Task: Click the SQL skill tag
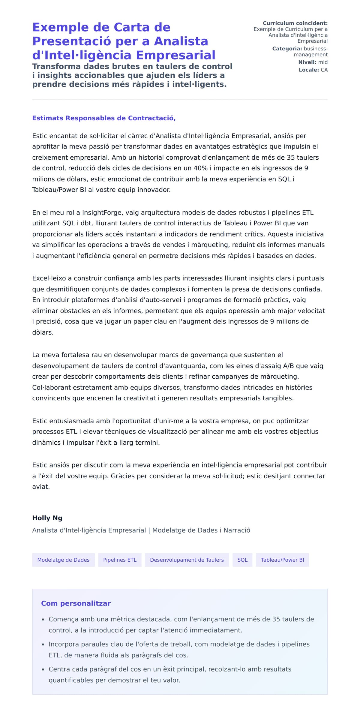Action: pyautogui.click(x=242, y=560)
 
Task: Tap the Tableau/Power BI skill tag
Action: pyautogui.click(x=282, y=560)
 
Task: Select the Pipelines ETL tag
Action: pyautogui.click(x=120, y=560)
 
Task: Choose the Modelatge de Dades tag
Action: pyautogui.click(x=63, y=560)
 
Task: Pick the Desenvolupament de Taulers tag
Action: pyautogui.click(x=187, y=560)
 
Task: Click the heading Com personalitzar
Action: pyautogui.click(x=76, y=603)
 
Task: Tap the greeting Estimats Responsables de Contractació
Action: pyautogui.click(x=103, y=118)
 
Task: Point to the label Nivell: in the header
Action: pyautogui.click(x=307, y=62)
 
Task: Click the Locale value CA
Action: pyautogui.click(x=324, y=70)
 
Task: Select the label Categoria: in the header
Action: pyautogui.click(x=287, y=49)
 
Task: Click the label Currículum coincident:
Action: pyautogui.click(x=295, y=23)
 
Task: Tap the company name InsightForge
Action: pyautogui.click(x=102, y=212)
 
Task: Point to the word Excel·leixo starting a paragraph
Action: pyautogui.click(x=49, y=278)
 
